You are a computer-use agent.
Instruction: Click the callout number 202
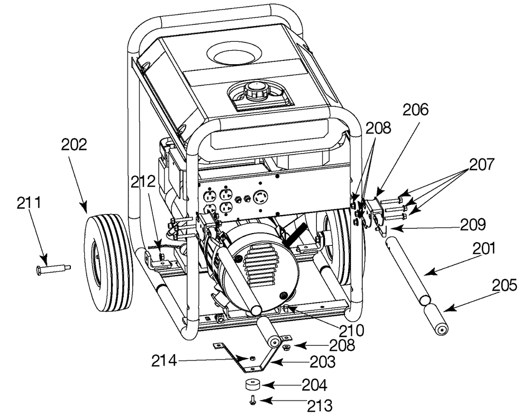(x=74, y=145)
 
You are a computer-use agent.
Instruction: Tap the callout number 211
(x=29, y=203)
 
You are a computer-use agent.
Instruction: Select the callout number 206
(x=416, y=110)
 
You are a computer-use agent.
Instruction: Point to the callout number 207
(x=481, y=165)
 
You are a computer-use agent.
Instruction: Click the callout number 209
(x=473, y=225)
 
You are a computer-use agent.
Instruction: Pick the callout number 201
(x=484, y=248)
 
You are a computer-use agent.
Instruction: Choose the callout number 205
(x=504, y=285)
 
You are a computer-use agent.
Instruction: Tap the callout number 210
(x=352, y=330)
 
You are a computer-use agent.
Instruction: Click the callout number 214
(x=164, y=361)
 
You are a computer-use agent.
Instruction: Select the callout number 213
(x=320, y=405)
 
